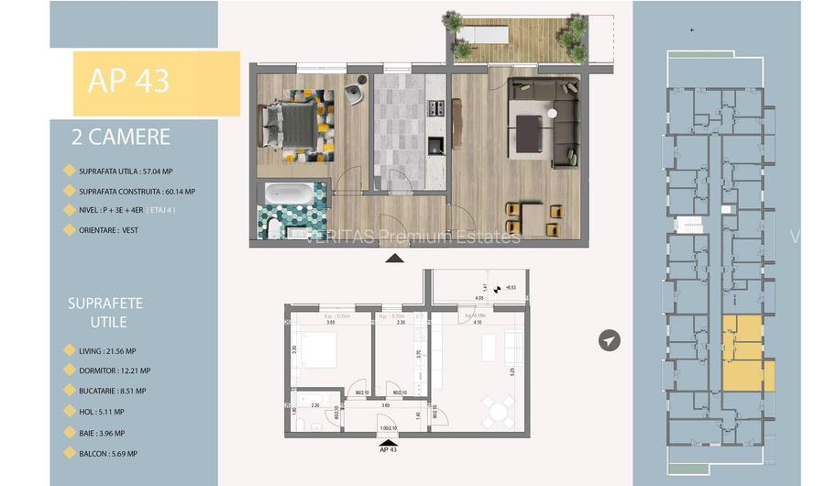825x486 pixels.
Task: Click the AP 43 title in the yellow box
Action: point(128,81)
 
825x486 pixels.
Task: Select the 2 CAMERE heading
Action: point(121,138)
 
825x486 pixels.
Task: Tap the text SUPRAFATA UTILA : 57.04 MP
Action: point(126,171)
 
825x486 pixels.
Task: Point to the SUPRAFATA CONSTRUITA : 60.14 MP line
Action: point(137,191)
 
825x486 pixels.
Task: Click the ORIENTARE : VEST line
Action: point(108,230)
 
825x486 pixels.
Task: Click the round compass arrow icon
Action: point(609,340)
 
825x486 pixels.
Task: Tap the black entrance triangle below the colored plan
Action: point(394,259)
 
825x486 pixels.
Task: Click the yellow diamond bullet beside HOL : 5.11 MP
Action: point(68,412)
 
